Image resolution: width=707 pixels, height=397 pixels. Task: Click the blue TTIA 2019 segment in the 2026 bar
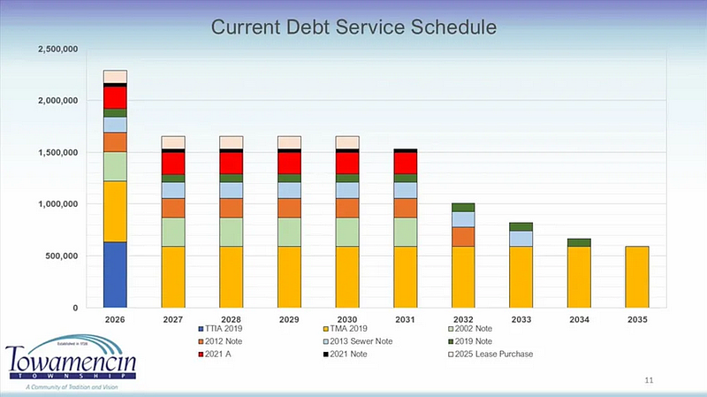[115, 274]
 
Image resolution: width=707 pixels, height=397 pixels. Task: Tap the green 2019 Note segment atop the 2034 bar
[580, 242]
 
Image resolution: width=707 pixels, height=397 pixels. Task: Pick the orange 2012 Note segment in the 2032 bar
[463, 237]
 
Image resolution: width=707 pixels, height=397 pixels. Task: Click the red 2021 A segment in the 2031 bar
[405, 163]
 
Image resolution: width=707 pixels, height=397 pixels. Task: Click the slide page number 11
[649, 380]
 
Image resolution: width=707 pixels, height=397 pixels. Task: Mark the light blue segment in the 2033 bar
[521, 239]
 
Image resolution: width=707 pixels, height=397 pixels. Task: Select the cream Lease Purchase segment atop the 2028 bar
[231, 142]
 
